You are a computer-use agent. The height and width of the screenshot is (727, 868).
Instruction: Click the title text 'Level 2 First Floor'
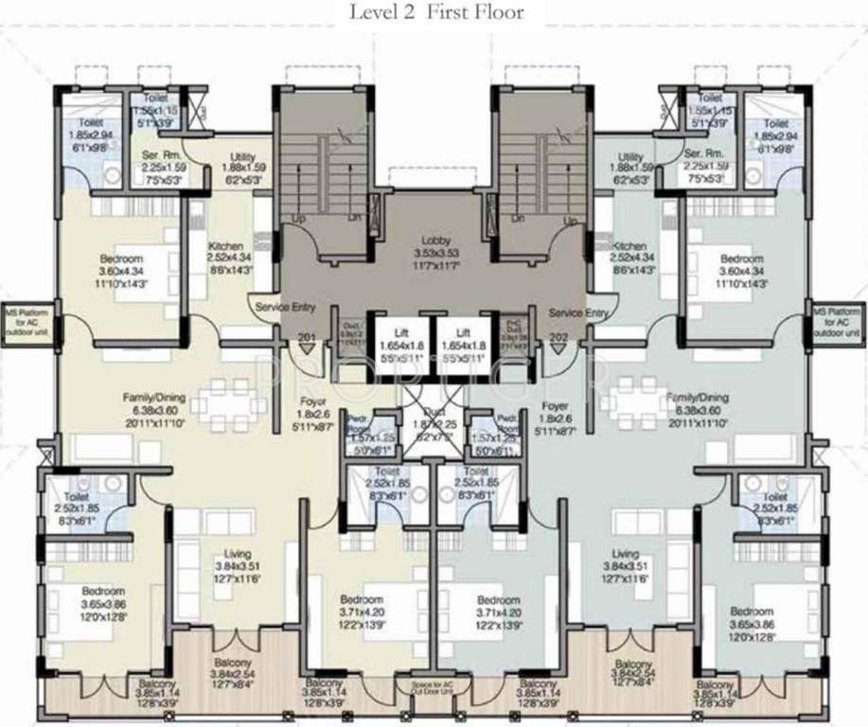tap(434, 12)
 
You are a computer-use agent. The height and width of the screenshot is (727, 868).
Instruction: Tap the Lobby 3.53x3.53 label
tap(434, 253)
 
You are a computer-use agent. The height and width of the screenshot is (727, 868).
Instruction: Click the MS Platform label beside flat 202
tap(839, 321)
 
